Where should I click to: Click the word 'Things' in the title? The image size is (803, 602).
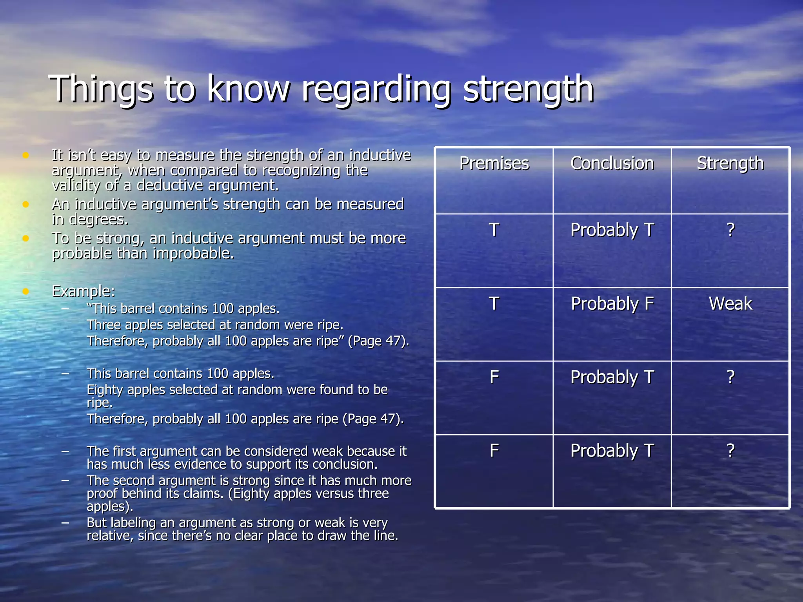pyautogui.click(x=101, y=89)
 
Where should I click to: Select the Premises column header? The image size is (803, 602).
pyautogui.click(x=494, y=163)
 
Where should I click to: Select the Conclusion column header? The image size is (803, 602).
pyautogui.click(x=612, y=163)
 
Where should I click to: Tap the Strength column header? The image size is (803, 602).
pyautogui.click(x=730, y=163)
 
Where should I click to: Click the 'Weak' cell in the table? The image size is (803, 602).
pyautogui.click(x=730, y=303)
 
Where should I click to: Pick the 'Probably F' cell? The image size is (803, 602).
pyautogui.click(x=612, y=304)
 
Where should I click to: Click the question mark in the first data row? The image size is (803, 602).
pyautogui.click(x=730, y=230)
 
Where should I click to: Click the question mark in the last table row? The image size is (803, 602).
pyautogui.click(x=730, y=451)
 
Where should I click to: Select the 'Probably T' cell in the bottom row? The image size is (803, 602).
pyautogui.click(x=612, y=451)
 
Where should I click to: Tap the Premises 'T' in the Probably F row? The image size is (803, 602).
pyautogui.click(x=494, y=303)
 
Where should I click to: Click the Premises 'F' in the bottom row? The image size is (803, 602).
pyautogui.click(x=494, y=451)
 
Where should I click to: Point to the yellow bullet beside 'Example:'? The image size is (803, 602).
pyautogui.click(x=26, y=291)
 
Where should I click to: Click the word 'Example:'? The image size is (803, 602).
pyautogui.click(x=84, y=291)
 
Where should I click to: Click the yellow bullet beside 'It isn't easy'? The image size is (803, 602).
pyautogui.click(x=26, y=155)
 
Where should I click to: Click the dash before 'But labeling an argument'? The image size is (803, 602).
pyautogui.click(x=65, y=522)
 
